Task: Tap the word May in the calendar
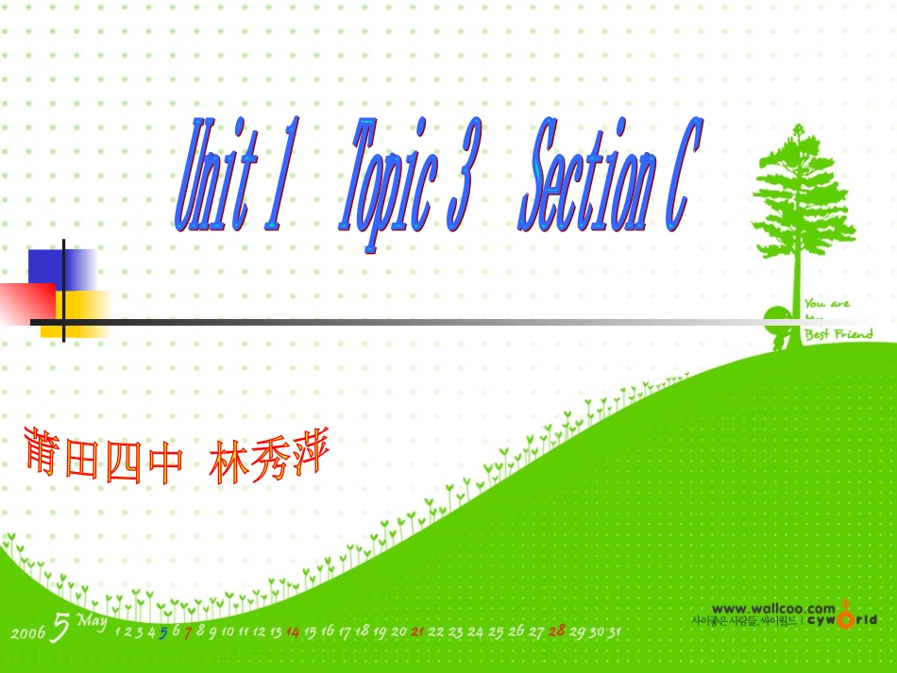pos(92,621)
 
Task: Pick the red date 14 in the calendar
pos(293,632)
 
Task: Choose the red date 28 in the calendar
pos(556,631)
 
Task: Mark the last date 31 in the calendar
pos(613,631)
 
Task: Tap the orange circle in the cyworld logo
pos(845,619)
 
